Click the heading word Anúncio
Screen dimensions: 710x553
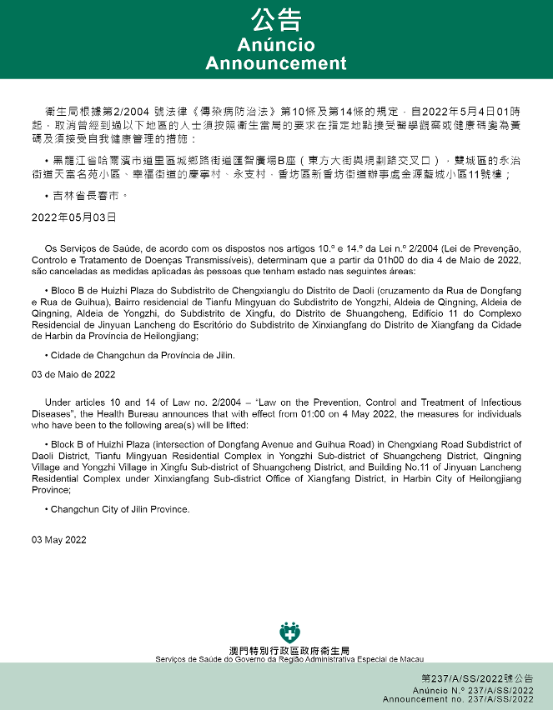pyautogui.click(x=276, y=45)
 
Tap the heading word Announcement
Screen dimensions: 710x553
pyautogui.click(x=276, y=63)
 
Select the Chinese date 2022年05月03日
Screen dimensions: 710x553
pyautogui.click(x=74, y=217)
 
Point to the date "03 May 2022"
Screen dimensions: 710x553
pyautogui.click(x=59, y=540)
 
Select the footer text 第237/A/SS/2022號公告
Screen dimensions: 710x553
pyautogui.click(x=477, y=678)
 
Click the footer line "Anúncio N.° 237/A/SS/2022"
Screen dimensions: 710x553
pyautogui.click(x=473, y=691)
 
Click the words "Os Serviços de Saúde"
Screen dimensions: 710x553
pyautogui.click(x=86, y=247)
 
